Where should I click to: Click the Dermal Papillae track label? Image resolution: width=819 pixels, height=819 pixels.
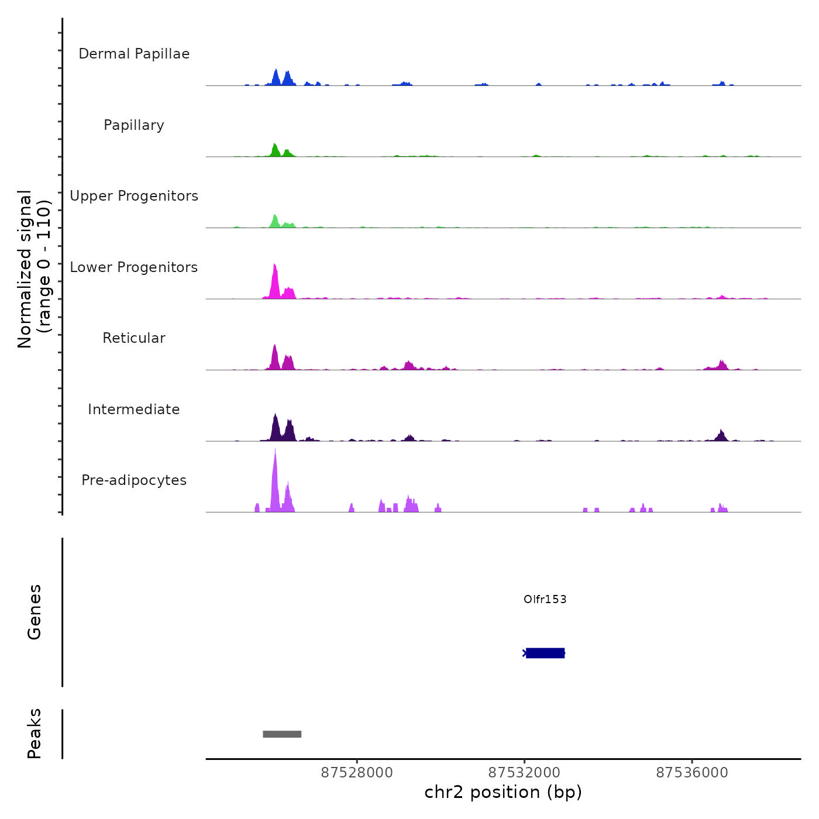point(134,54)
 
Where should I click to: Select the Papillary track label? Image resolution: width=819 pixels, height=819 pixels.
point(134,125)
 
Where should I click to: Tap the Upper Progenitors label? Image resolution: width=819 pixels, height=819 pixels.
point(134,196)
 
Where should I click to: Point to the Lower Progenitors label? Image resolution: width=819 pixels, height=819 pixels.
point(134,267)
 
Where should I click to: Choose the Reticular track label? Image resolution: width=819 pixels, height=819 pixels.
point(134,338)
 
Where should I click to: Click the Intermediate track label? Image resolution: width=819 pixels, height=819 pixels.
point(134,409)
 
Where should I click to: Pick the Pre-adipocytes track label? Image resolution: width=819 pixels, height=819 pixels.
point(134,480)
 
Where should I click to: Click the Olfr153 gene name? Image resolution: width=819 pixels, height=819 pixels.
point(545,599)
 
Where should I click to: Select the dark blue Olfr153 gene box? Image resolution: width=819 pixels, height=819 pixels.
point(545,653)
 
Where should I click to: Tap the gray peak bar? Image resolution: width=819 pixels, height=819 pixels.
point(282,734)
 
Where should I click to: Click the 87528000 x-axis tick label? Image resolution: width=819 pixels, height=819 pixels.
point(357,773)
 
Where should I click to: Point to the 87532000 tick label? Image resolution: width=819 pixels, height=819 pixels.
point(524,773)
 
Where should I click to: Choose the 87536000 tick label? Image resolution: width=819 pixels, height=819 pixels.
point(692,773)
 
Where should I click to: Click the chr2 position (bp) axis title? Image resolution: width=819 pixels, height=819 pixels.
point(503,792)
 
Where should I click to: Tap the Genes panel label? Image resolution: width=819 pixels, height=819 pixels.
point(35,612)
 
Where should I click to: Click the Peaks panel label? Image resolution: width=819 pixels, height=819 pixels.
point(35,734)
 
